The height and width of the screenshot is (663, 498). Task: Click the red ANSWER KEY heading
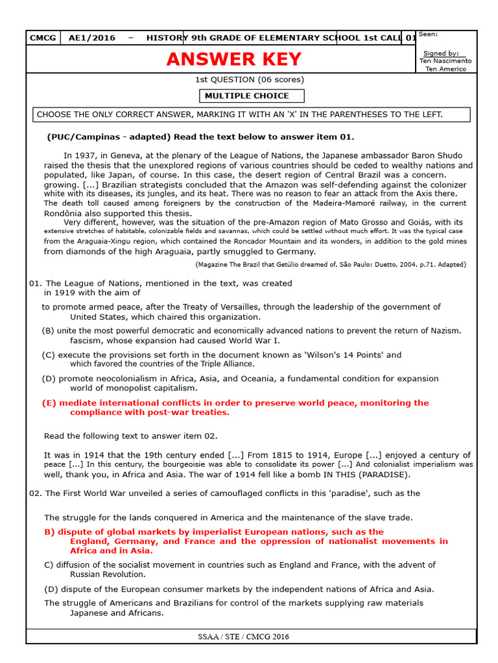click(234, 60)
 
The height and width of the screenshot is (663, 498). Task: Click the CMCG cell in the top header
click(43, 38)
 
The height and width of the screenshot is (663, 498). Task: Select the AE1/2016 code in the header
click(92, 38)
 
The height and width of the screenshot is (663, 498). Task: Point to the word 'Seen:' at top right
click(428, 34)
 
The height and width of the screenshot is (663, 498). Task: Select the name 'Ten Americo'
click(445, 69)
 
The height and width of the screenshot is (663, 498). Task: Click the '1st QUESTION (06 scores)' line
click(250, 80)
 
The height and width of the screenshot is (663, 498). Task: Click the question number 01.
click(36, 283)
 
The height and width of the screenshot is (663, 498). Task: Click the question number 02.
click(36, 493)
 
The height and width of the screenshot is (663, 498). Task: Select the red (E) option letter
click(49, 403)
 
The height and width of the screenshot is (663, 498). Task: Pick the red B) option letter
click(49, 532)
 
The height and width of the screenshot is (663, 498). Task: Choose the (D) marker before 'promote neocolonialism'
click(49, 378)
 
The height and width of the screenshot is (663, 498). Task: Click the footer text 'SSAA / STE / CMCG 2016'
click(244, 636)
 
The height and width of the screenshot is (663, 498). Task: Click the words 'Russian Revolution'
click(108, 574)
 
